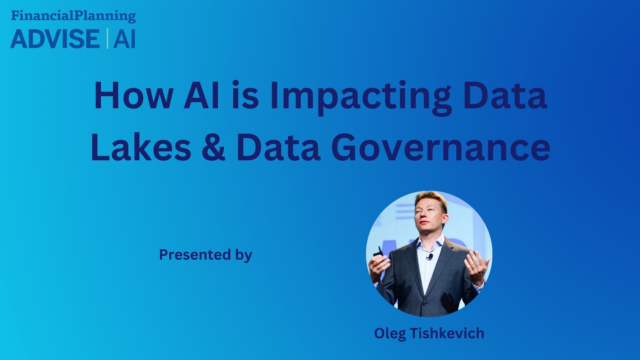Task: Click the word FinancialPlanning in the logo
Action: coord(73,16)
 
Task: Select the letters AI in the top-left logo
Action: coord(124,39)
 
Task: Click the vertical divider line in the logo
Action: coord(107,39)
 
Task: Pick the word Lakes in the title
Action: coord(141,147)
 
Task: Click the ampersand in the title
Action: coord(213,147)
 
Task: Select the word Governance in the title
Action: coord(440,147)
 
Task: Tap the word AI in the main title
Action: coord(202,96)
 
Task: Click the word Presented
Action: coord(195,254)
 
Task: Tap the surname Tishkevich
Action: coord(447,333)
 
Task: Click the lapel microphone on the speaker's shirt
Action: coord(430,257)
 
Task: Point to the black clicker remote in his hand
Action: coord(378,252)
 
